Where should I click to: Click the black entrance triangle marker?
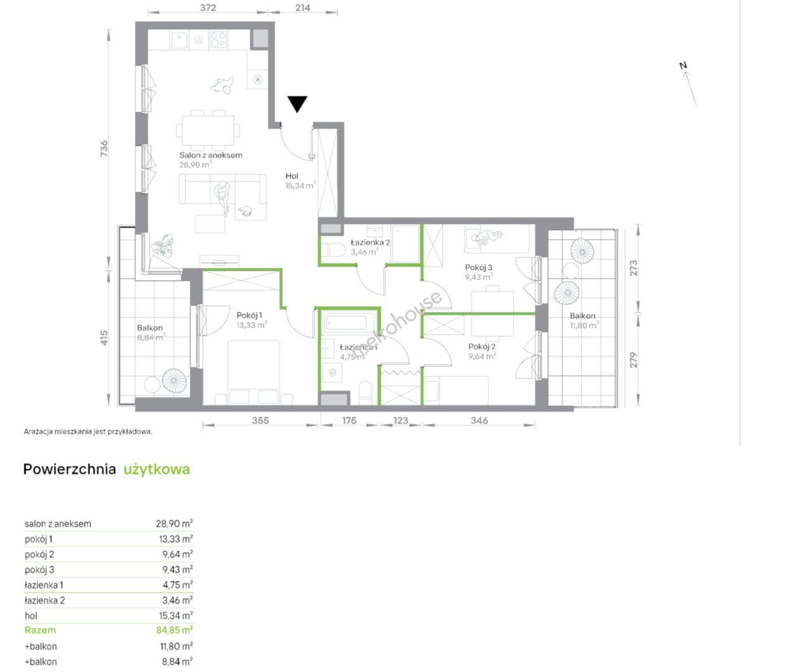pos(297,104)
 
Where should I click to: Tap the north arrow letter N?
pos(683,65)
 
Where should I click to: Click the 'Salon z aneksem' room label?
pos(211,155)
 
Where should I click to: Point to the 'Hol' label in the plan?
pos(292,175)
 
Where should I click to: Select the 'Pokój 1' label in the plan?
pos(249,315)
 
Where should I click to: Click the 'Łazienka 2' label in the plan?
pos(370,242)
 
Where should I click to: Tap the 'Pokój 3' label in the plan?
pos(478,268)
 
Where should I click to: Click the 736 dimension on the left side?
pos(104,148)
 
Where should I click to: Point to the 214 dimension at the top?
pos(302,7)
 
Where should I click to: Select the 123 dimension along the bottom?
pos(400,421)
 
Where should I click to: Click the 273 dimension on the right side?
pos(634,268)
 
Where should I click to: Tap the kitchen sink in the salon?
pos(179,39)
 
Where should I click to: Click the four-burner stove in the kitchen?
pos(218,40)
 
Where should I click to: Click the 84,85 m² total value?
pos(174,630)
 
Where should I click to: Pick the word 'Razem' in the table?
pos(40,630)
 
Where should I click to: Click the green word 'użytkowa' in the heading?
pos(157,469)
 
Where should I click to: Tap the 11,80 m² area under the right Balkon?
pos(584,325)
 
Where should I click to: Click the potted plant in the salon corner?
pos(163,245)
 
